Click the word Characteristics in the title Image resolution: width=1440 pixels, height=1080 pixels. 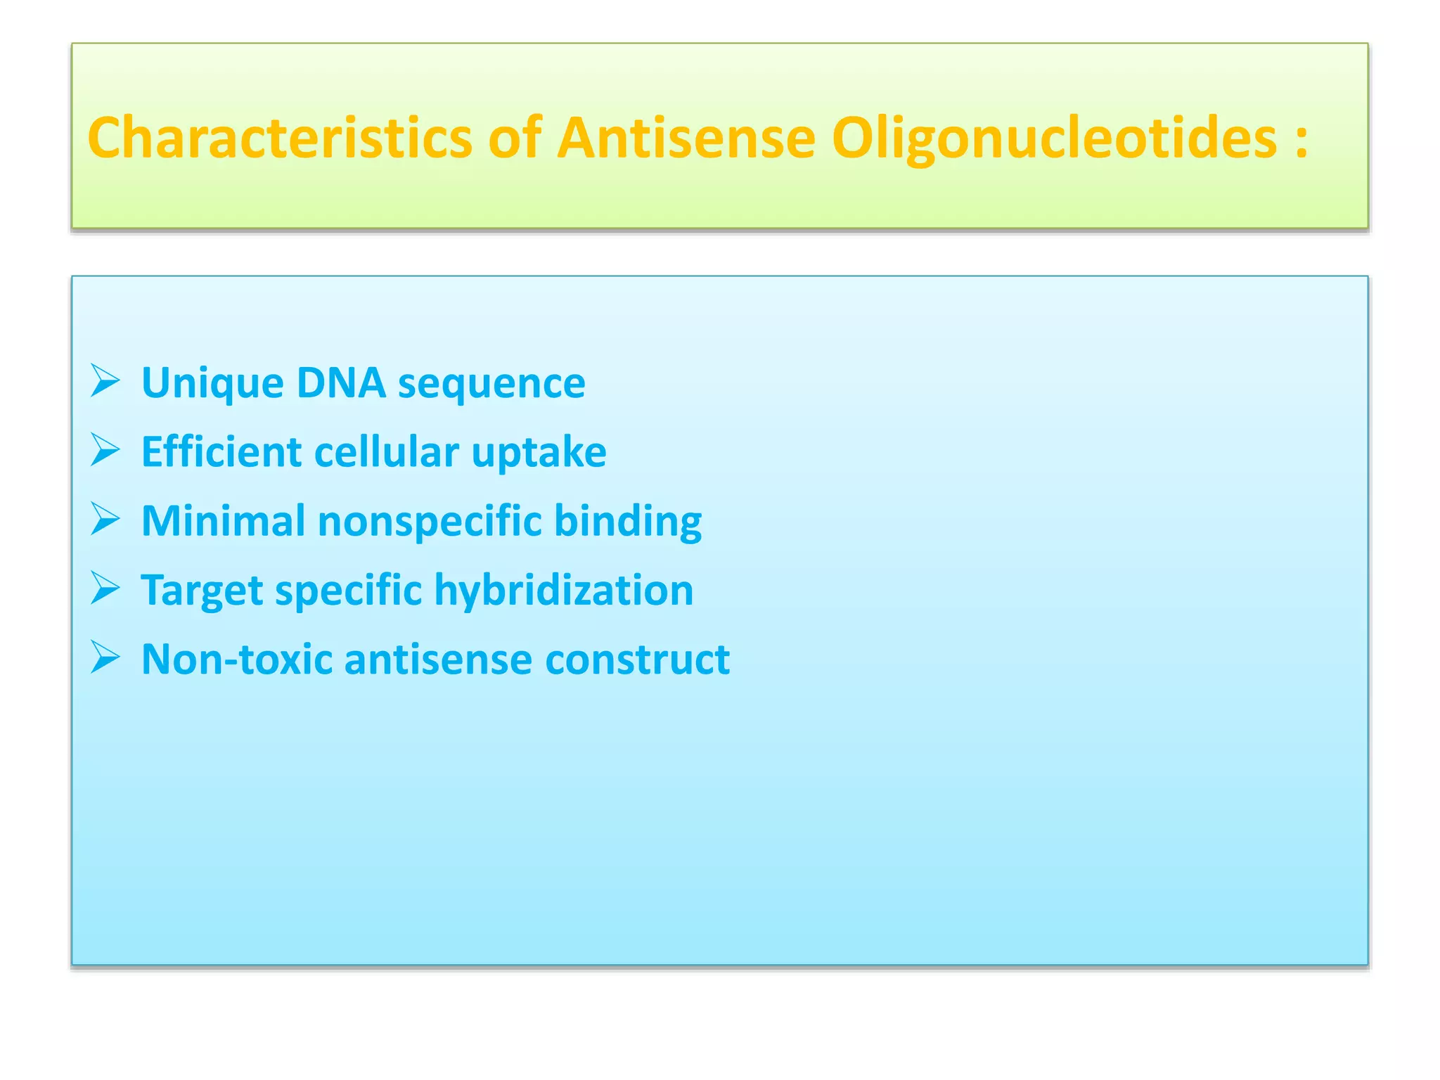(279, 138)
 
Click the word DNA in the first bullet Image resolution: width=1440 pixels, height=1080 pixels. (341, 382)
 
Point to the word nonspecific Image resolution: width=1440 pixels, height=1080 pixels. (430, 522)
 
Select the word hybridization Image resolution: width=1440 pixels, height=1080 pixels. (563, 591)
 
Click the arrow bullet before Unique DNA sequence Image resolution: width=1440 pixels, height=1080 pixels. (105, 381)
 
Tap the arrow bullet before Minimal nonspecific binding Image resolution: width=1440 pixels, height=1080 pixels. (105, 520)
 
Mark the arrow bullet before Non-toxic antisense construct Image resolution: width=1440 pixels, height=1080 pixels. (105, 658)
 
